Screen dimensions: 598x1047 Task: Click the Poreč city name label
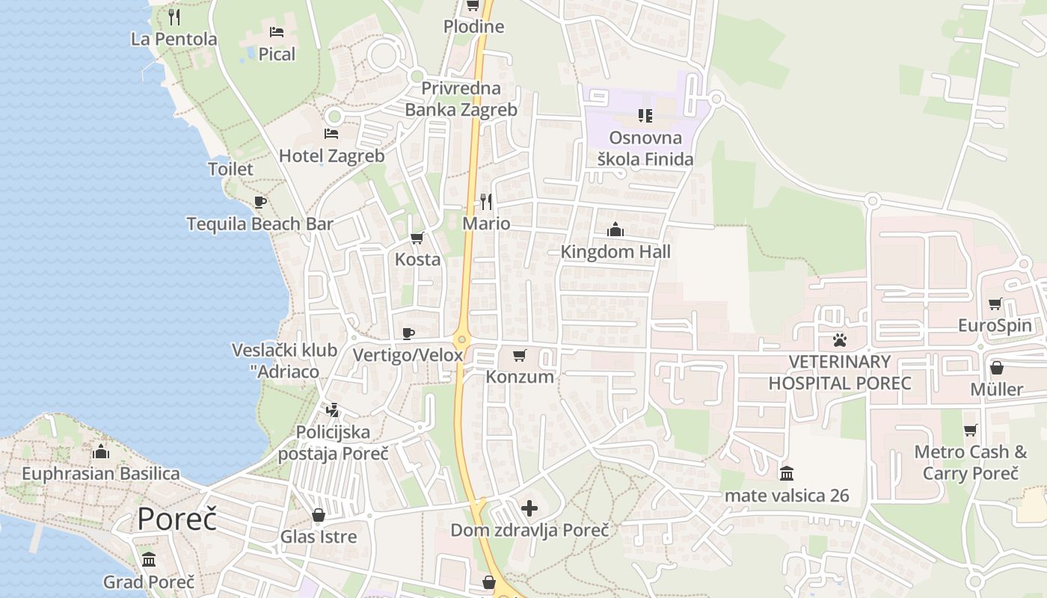point(176,519)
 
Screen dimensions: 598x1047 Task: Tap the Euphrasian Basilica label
point(101,473)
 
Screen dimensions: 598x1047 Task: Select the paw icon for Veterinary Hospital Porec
point(839,341)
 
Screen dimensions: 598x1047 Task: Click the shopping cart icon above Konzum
point(520,356)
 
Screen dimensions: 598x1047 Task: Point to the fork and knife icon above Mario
point(486,201)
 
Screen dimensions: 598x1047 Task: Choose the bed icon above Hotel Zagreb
point(331,134)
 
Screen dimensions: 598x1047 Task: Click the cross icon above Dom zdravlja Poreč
point(529,509)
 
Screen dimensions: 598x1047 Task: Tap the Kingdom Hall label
point(615,252)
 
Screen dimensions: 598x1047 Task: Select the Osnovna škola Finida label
point(645,148)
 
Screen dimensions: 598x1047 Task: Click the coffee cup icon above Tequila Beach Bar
point(260,202)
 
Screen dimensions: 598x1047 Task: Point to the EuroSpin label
point(995,326)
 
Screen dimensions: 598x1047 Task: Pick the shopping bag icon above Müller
point(996,368)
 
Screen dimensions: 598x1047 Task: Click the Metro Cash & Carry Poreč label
point(971,463)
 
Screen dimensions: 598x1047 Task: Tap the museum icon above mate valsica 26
point(787,473)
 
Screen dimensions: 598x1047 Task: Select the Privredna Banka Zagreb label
point(461,99)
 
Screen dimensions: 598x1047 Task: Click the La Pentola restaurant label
point(174,39)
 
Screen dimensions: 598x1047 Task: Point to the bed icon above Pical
point(277,32)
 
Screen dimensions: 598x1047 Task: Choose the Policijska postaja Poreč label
point(333,443)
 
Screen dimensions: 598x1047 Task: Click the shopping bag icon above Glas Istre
point(319,516)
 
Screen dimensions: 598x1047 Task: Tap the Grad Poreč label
point(149,582)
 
